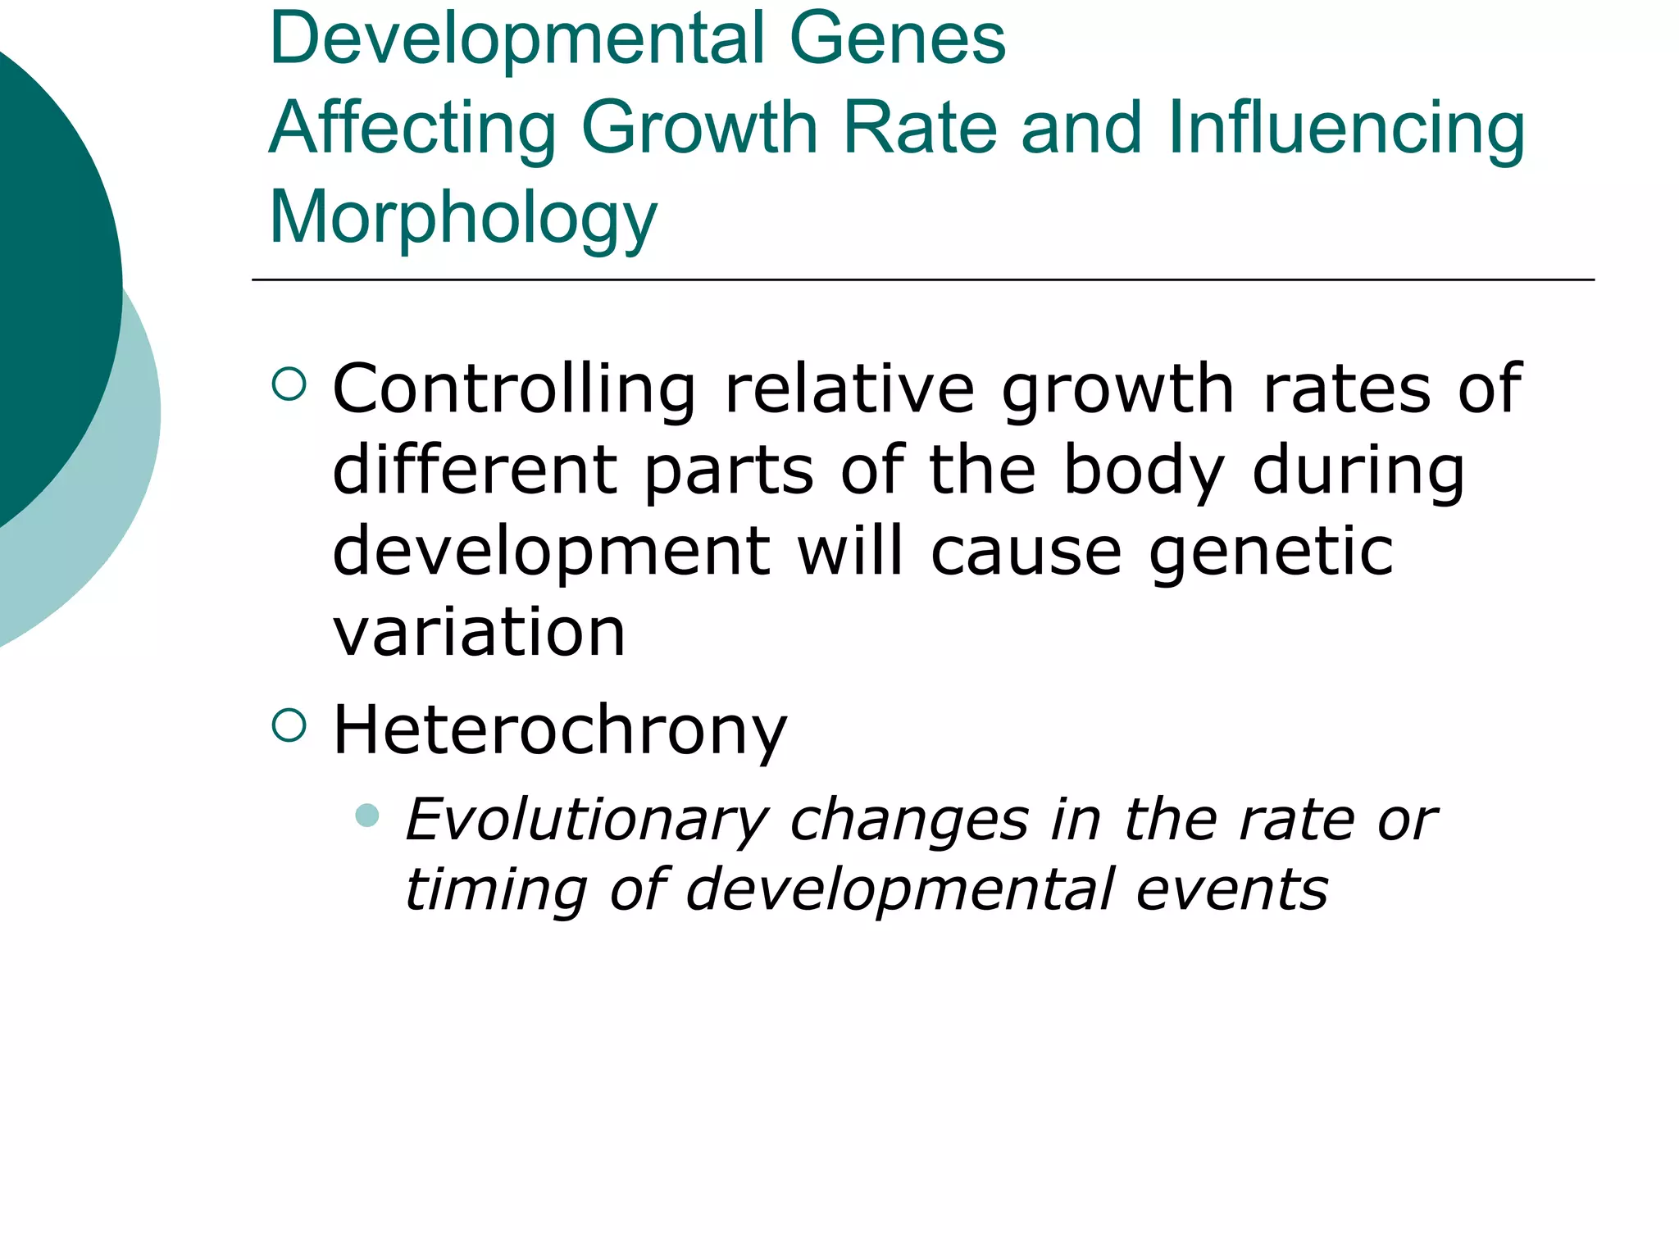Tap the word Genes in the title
[x=897, y=39]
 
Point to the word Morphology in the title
[x=463, y=218]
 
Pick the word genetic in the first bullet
[x=1271, y=552]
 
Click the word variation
[x=479, y=632]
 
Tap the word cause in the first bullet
[x=1026, y=552]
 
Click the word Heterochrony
[x=560, y=730]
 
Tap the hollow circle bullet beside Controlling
[x=289, y=384]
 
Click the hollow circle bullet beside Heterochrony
[x=289, y=725]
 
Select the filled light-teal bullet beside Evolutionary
[x=368, y=815]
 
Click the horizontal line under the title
[x=922, y=280]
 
